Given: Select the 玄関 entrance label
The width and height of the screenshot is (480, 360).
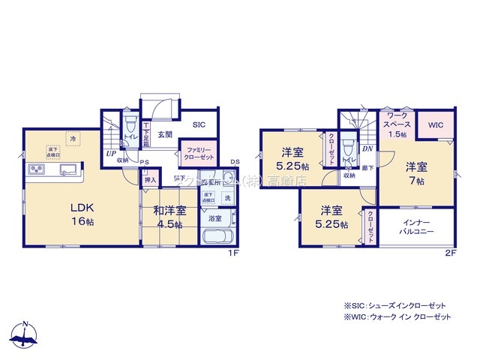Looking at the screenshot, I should [x=166, y=134].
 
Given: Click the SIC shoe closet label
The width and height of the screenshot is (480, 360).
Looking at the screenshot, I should [x=199, y=125].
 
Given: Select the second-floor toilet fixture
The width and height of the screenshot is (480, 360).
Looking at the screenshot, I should [x=347, y=149].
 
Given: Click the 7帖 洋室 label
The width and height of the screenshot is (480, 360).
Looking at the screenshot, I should [x=415, y=172].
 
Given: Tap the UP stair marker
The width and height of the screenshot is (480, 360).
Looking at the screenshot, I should [x=110, y=153].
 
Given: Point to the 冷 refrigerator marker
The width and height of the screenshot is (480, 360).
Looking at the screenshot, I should [x=73, y=139].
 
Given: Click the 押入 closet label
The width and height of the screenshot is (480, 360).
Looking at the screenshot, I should [x=150, y=179].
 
